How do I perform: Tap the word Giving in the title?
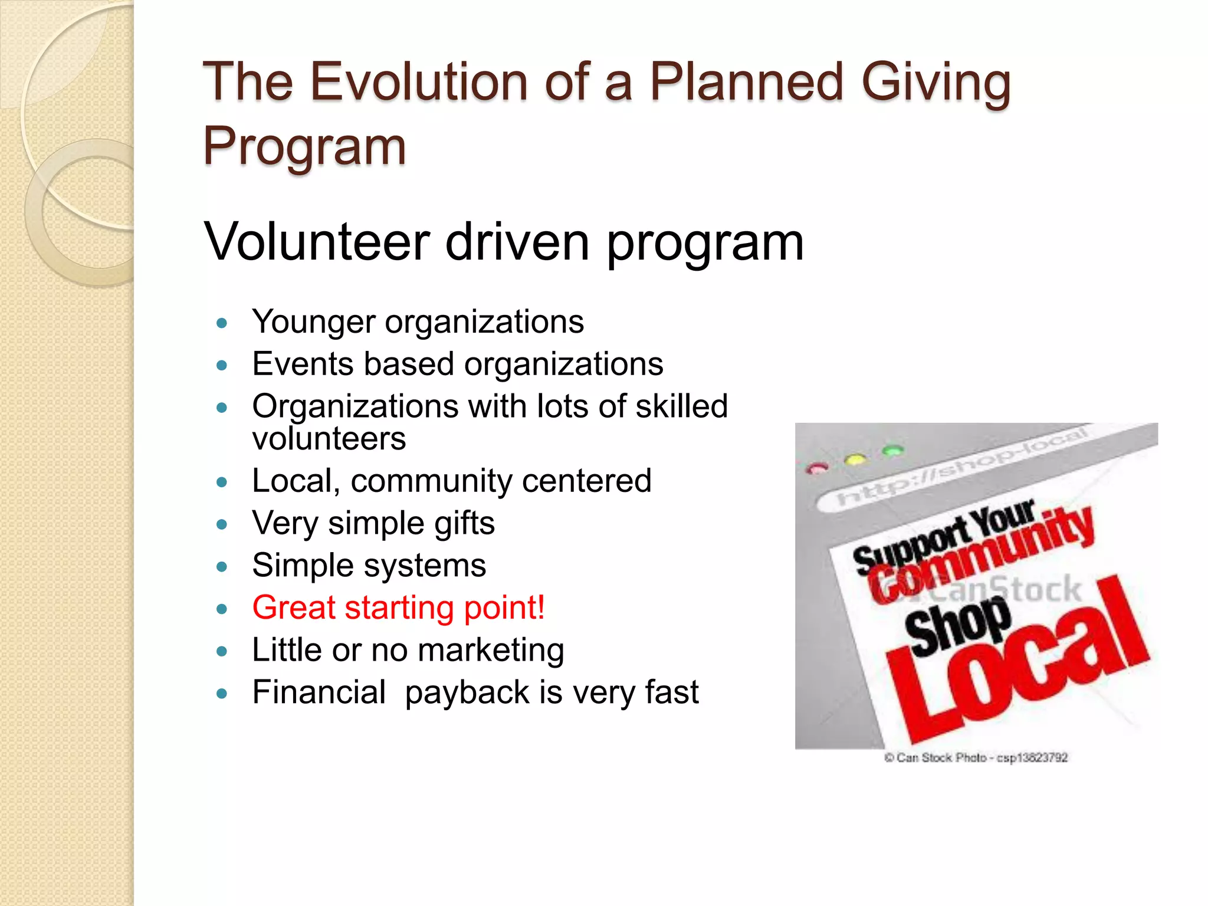click(936, 83)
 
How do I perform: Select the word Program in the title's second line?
click(304, 146)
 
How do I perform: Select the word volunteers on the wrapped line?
click(329, 439)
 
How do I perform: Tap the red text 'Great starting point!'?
click(398, 608)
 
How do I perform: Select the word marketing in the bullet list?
click(491, 650)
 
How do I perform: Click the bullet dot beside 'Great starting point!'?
click(222, 609)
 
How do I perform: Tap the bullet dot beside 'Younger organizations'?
click(222, 323)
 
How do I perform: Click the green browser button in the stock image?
click(892, 451)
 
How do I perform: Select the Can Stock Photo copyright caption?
click(976, 757)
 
